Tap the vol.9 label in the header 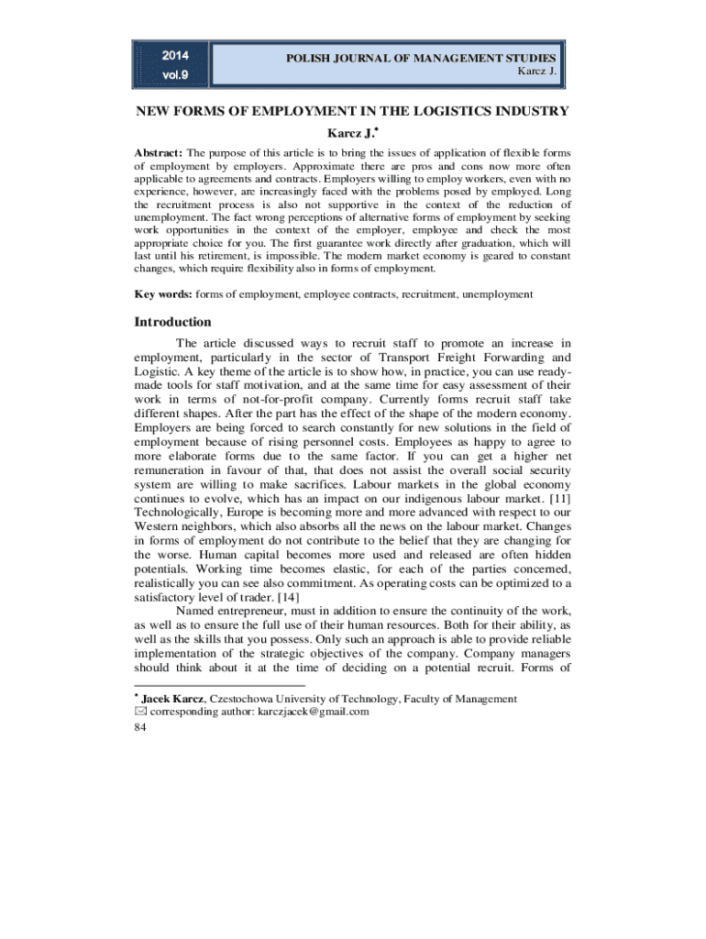pyautogui.click(x=172, y=75)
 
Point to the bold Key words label pyautogui.click(x=162, y=294)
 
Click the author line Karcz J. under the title pyautogui.click(x=354, y=134)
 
